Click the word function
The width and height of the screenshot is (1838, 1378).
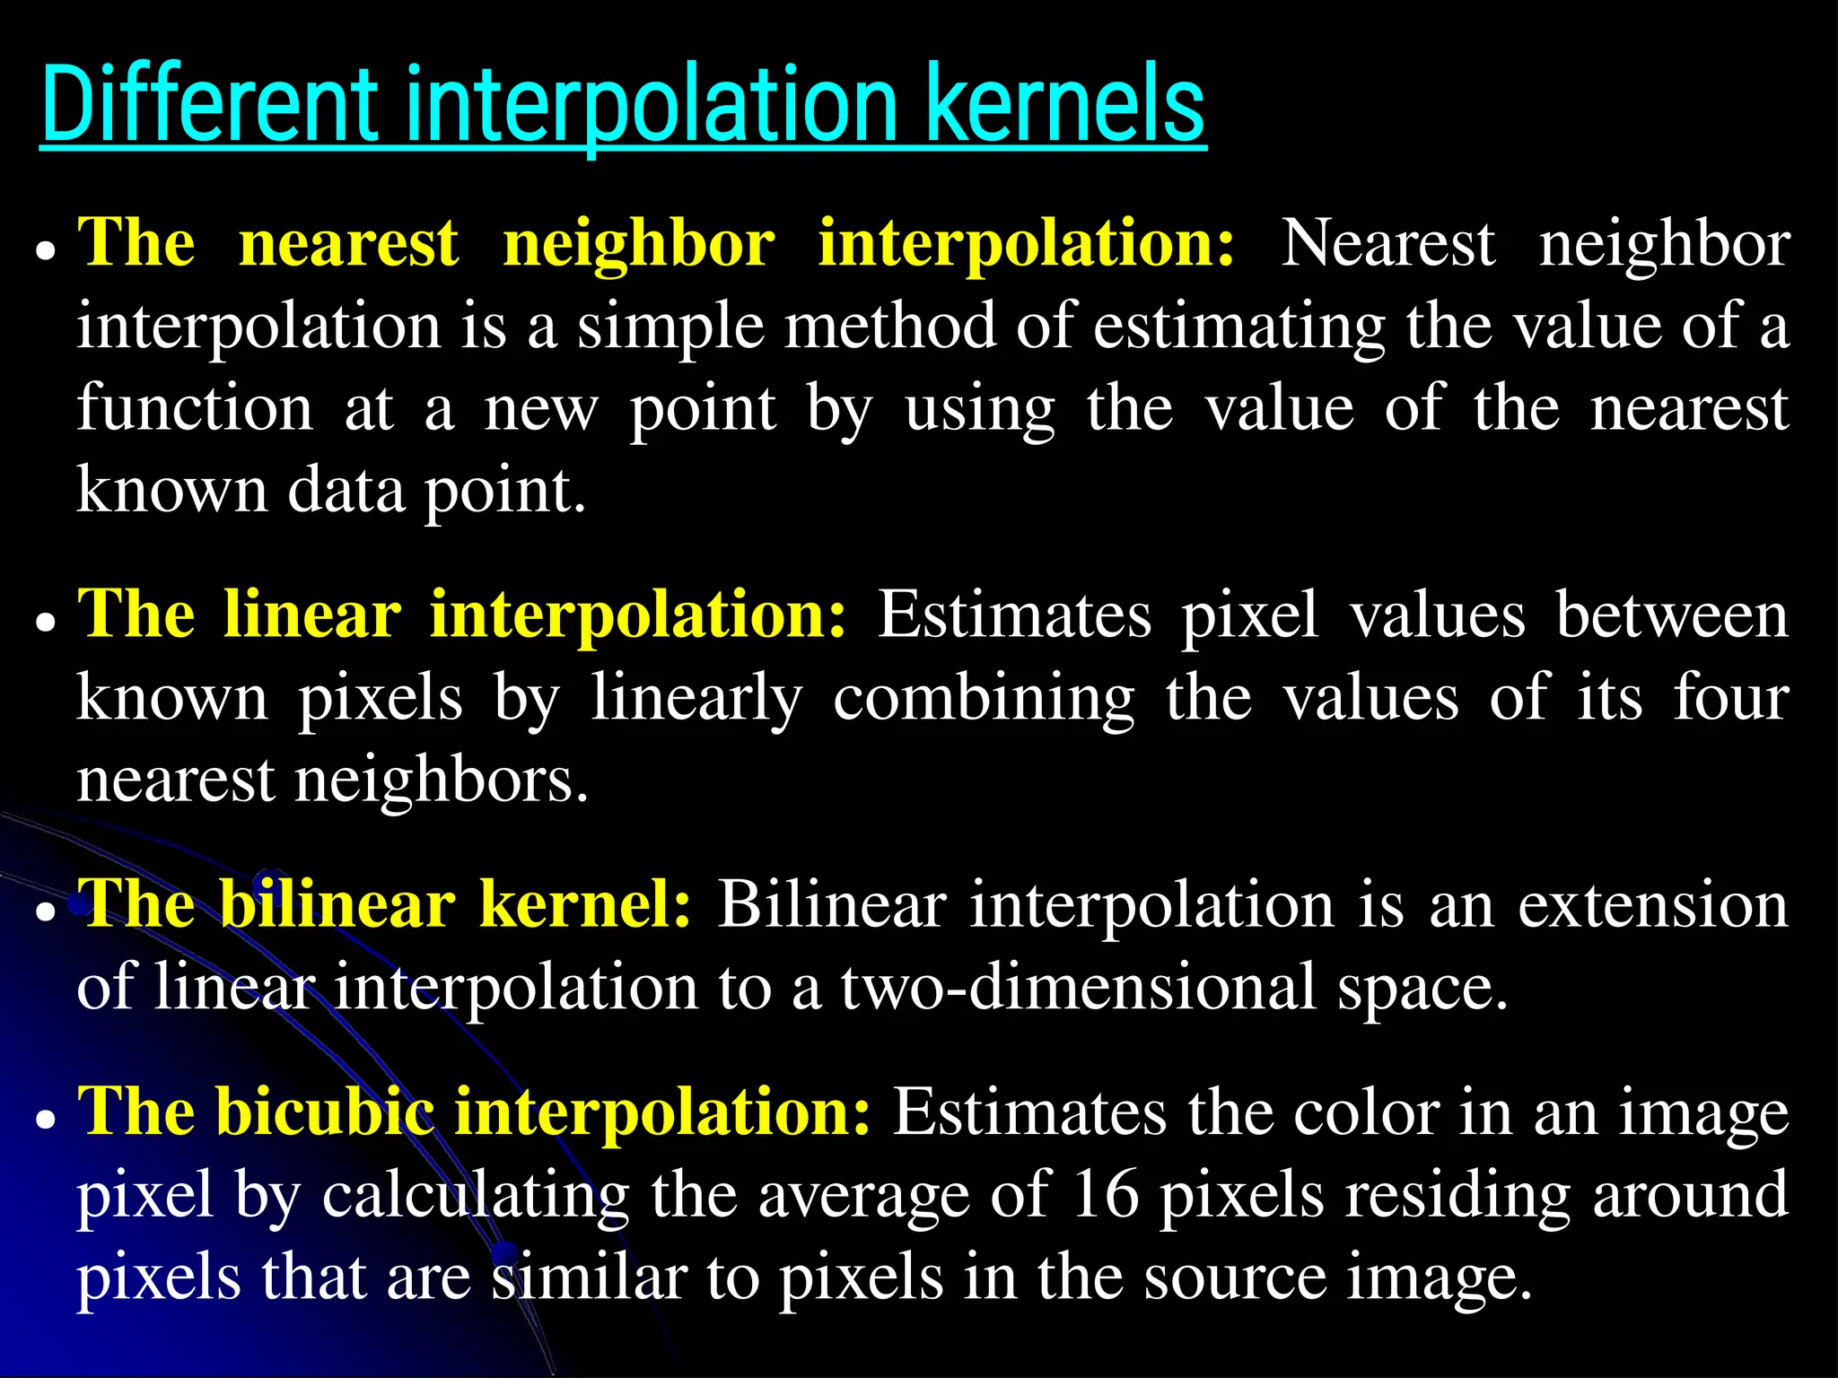pyautogui.click(x=195, y=408)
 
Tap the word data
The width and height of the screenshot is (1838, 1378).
pyautogui.click(x=346, y=491)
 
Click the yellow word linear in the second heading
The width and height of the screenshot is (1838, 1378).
pyautogui.click(x=312, y=615)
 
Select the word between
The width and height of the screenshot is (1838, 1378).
pyautogui.click(x=1672, y=615)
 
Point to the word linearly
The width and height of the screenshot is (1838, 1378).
pyautogui.click(x=696, y=700)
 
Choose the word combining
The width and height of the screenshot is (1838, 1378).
pyautogui.click(x=984, y=700)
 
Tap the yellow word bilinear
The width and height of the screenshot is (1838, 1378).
pyautogui.click(x=337, y=904)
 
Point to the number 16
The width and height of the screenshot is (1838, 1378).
pyautogui.click(x=1105, y=1195)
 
